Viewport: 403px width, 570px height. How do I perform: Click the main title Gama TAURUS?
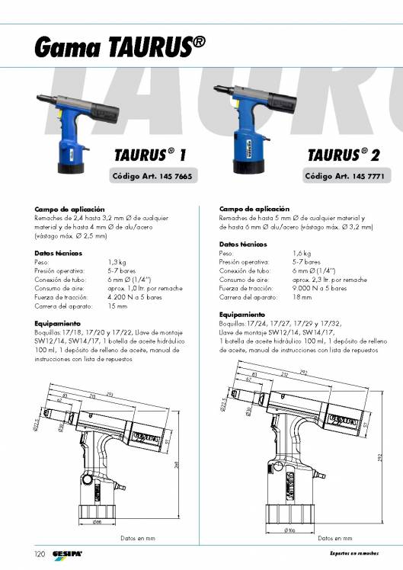click(120, 48)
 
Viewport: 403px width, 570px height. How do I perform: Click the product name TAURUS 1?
click(150, 155)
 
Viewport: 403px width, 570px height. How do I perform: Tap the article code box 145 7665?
click(152, 176)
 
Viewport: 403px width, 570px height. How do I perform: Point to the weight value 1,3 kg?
click(117, 261)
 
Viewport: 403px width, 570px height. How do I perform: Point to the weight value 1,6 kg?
click(301, 252)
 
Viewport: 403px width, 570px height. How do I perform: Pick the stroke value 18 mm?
click(302, 297)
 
